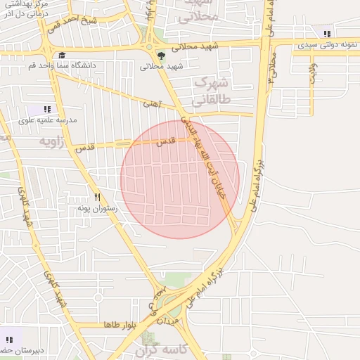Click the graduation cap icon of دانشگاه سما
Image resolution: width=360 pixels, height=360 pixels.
(x=62, y=55)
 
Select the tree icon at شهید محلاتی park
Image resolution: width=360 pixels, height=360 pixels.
(x=162, y=54)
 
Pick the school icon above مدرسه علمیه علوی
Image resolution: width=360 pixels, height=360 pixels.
(x=47, y=109)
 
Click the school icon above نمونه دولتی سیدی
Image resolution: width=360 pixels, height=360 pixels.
(x=326, y=33)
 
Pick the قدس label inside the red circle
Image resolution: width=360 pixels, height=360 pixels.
(x=166, y=142)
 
